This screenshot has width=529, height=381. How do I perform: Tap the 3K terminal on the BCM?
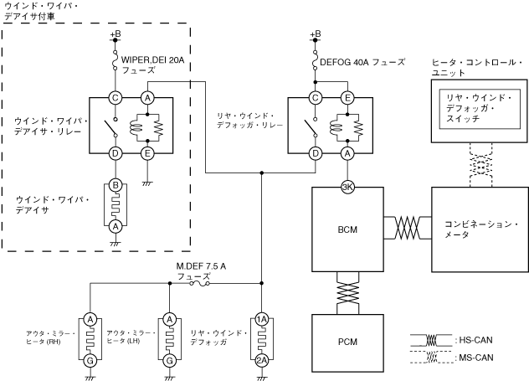click(347, 187)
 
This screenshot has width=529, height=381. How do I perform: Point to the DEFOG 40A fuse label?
click(362, 62)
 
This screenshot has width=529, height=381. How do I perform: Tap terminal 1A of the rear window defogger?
click(262, 318)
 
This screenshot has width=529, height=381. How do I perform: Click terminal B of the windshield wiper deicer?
click(117, 184)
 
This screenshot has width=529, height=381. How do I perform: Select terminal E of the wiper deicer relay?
click(148, 153)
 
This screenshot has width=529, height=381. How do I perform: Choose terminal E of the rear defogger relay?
click(347, 98)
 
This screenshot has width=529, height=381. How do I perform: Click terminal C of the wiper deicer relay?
click(117, 98)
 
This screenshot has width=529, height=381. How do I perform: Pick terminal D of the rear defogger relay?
click(315, 153)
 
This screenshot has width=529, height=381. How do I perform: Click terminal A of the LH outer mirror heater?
click(170, 318)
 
